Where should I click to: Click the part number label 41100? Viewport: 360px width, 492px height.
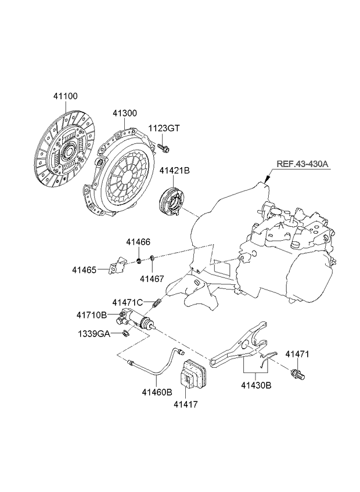(x=64, y=96)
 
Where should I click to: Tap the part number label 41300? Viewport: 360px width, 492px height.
(x=125, y=114)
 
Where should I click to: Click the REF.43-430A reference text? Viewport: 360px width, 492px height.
(x=303, y=164)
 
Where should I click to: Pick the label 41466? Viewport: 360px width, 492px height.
(x=138, y=241)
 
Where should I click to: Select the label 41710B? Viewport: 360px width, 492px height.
(x=92, y=315)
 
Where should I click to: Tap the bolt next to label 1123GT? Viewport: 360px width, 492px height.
(x=163, y=147)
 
